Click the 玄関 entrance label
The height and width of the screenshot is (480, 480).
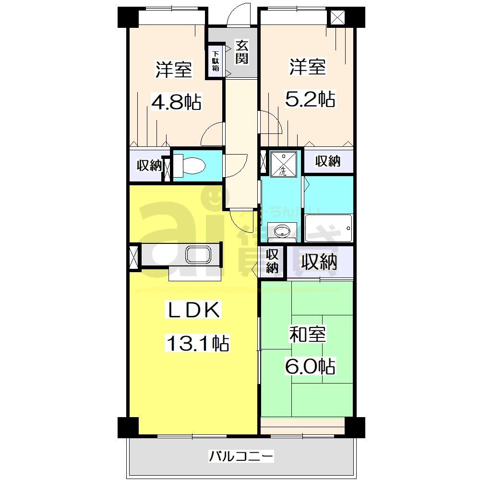(241, 53)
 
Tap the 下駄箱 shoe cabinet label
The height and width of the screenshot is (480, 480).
(216, 61)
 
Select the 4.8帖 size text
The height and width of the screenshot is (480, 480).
(176, 101)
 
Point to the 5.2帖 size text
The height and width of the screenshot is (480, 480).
(310, 99)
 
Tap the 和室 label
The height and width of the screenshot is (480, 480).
(307, 335)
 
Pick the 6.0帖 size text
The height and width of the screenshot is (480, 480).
(310, 367)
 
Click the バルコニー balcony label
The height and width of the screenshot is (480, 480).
(241, 455)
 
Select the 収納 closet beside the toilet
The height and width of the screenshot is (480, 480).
(149, 166)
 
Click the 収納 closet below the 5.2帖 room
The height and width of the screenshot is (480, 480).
(328, 162)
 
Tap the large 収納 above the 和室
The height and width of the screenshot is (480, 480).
(319, 262)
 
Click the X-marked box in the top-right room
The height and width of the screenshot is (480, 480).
(338, 17)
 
